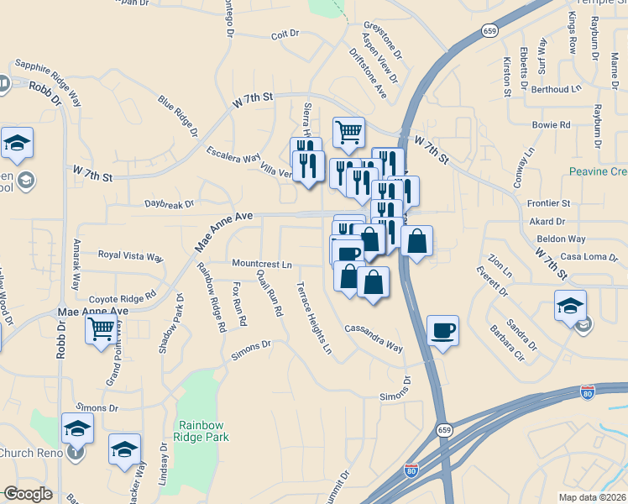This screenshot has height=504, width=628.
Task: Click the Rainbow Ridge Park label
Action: coord(201,430)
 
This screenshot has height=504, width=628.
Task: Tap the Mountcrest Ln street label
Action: coord(261,264)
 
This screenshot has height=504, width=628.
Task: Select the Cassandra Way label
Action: coord(374,338)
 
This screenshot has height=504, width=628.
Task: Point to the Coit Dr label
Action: coord(285,34)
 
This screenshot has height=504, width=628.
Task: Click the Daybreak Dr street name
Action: coord(169,203)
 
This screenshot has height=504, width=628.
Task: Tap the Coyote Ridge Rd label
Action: coord(123,297)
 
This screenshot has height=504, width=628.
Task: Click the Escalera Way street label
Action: coord(234,155)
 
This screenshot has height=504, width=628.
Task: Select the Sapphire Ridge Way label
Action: coord(48,73)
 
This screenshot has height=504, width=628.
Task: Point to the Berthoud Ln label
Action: coord(556,88)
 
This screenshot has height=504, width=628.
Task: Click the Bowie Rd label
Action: coord(551,125)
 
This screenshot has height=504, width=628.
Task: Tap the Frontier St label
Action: coord(548,203)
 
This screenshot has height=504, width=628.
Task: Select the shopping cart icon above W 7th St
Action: coord(348,131)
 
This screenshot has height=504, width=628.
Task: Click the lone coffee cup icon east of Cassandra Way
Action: coord(442,329)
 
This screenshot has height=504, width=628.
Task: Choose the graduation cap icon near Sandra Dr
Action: coord(570,305)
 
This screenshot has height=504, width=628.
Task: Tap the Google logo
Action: coord(28,494)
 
